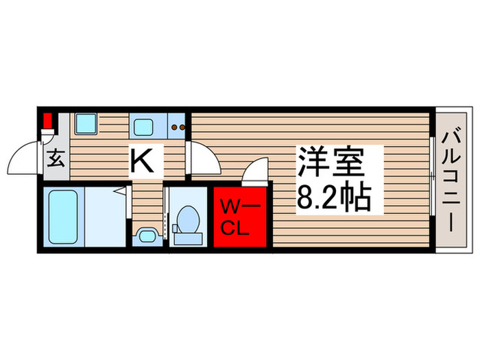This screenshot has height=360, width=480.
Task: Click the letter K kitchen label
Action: click(146, 162)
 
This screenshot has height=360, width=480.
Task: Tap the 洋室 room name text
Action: click(330, 163)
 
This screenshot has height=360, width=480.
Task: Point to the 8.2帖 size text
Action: click(333, 199)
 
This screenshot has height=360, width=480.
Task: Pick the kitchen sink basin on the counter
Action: click(145, 127)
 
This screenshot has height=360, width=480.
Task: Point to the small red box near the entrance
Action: click(47, 123)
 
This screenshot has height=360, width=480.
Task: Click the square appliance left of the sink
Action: click(86, 124)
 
